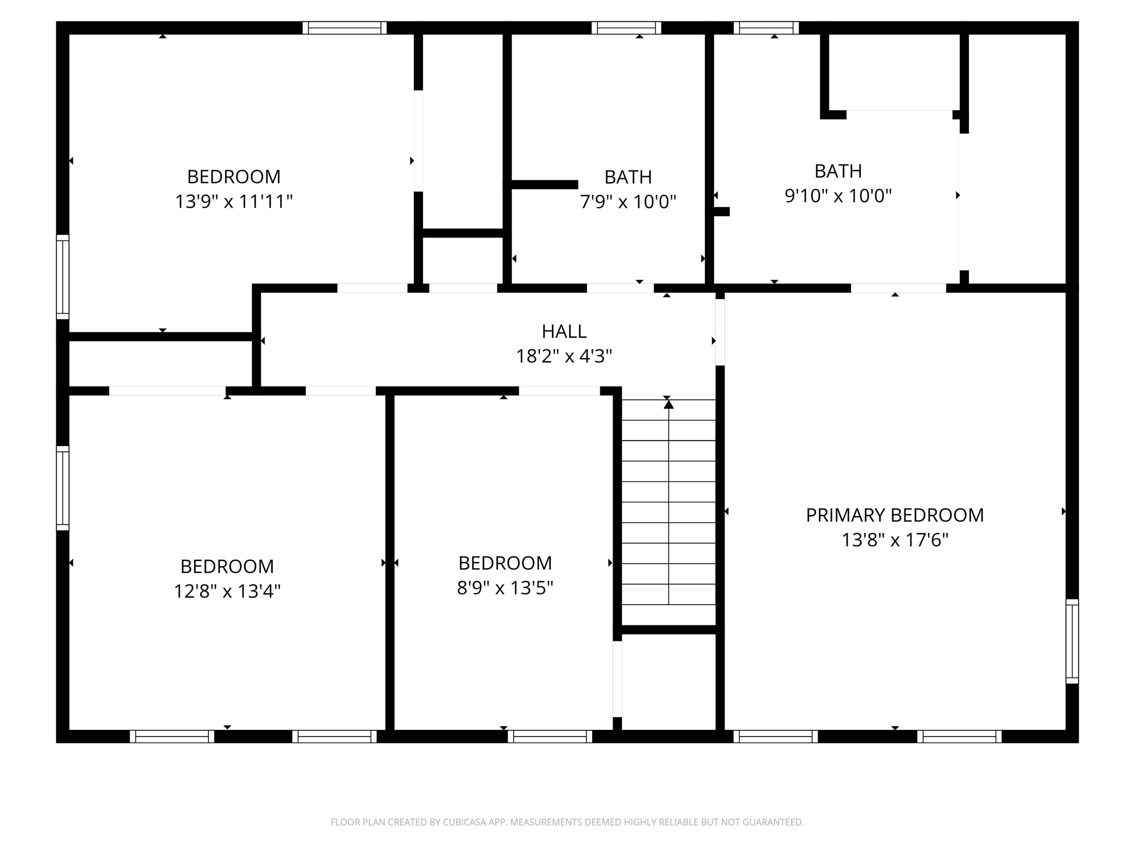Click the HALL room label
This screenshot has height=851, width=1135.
point(564,332)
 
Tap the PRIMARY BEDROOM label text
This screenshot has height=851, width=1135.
point(895,515)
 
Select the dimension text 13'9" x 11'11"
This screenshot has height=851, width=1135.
point(234,201)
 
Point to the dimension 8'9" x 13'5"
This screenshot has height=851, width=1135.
point(505,587)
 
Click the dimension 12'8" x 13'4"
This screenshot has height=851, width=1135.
point(227,591)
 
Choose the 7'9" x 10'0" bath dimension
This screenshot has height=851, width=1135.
point(628,202)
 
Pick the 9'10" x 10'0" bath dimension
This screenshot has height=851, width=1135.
point(838,195)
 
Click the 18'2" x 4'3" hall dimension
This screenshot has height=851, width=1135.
point(564,355)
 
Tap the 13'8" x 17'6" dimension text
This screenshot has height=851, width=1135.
point(895,540)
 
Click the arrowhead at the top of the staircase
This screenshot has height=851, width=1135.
point(669,404)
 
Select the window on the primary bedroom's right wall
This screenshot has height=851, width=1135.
point(1072,641)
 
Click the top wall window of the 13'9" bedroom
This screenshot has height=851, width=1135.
point(344,27)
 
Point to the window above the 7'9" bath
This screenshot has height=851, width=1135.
point(626,27)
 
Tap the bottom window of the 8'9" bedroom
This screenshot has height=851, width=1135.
point(550,737)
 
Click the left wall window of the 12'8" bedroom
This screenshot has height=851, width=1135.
point(63,488)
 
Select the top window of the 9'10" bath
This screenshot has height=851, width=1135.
point(766,27)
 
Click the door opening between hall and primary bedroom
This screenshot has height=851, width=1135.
point(720,332)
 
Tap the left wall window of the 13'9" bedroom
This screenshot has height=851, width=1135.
point(63,277)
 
